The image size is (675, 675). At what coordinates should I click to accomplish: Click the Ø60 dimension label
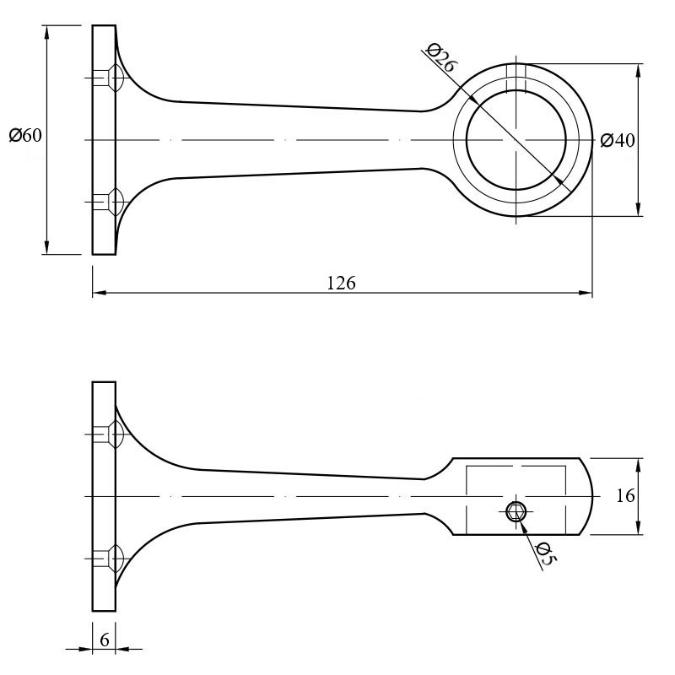pos(25,135)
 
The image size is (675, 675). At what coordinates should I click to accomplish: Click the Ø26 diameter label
pos(440,57)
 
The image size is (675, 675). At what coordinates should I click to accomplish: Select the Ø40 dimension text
pos(618,140)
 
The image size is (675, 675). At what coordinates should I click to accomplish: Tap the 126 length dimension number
pos(342,283)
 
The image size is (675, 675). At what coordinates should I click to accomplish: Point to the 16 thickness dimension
pos(625,496)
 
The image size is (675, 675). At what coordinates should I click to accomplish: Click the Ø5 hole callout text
pos(546,553)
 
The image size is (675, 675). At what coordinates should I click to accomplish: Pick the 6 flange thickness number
pos(104,640)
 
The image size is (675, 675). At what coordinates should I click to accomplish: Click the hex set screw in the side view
pos(516,512)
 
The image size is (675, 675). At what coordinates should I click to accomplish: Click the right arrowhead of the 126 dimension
pos(586,293)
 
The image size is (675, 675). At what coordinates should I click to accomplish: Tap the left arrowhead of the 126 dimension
pos(100,293)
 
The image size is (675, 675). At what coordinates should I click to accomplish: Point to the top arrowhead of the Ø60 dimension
pos(47,32)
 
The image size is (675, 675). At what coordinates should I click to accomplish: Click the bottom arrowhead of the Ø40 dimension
pos(638,209)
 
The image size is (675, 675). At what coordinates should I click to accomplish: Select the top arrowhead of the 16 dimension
pos(638,466)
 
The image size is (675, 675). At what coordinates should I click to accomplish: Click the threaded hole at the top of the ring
pos(516,78)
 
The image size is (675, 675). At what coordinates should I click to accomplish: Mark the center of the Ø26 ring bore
pos(516,140)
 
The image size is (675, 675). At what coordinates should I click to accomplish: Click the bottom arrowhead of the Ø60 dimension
pos(47,247)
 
